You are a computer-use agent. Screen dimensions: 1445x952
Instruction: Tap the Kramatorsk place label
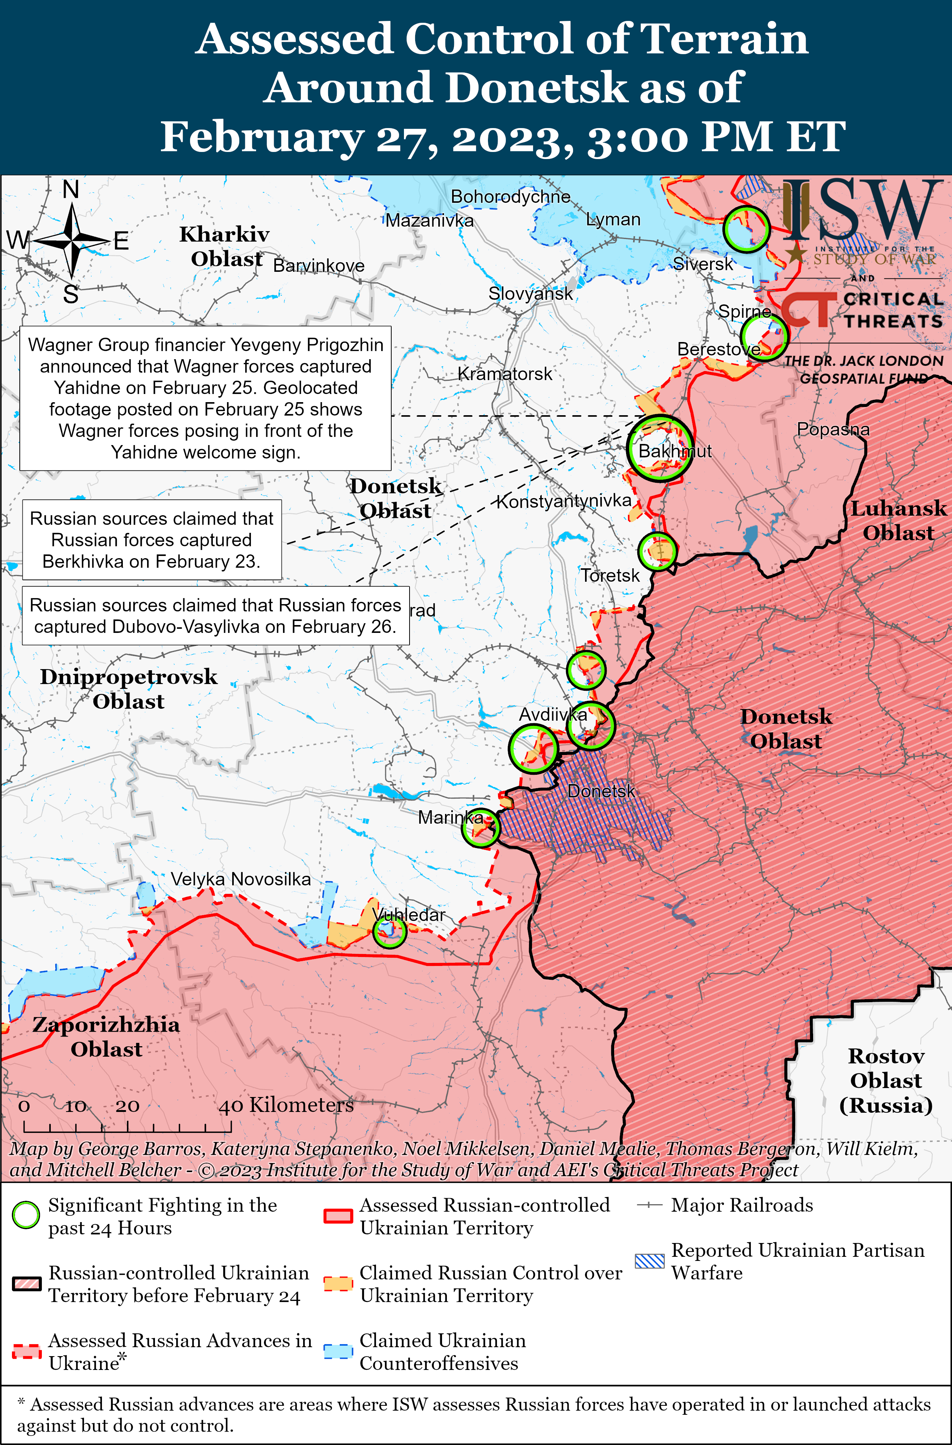(x=504, y=374)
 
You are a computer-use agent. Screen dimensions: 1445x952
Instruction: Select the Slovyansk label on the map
(x=530, y=294)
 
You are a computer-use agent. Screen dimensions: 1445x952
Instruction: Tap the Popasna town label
(x=833, y=429)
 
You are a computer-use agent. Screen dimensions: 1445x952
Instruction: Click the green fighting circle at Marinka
(x=480, y=827)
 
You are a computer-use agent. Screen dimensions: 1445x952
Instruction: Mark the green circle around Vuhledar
(x=389, y=931)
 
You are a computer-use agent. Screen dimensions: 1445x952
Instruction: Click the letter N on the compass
(x=71, y=190)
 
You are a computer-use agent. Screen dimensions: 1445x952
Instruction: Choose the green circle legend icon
(x=25, y=1215)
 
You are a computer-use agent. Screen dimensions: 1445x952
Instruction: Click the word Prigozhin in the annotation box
(x=345, y=345)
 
